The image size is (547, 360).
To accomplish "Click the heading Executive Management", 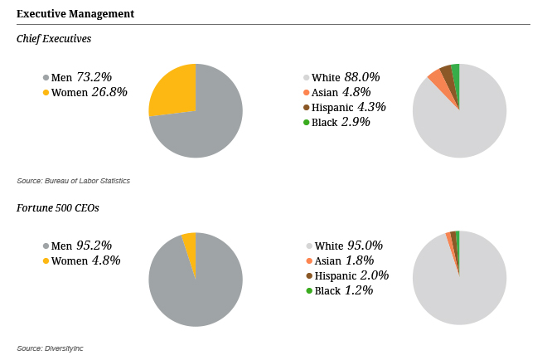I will click(x=75, y=14).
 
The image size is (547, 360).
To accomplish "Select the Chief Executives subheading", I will click(x=54, y=39).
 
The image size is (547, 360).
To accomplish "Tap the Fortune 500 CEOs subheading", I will click(x=58, y=207).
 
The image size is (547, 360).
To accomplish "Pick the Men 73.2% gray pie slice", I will click(x=203, y=124).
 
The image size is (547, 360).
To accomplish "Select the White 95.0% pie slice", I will click(x=460, y=286).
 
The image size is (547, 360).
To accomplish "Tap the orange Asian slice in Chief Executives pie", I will click(x=436, y=79).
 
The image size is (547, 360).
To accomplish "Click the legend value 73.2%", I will click(x=93, y=77).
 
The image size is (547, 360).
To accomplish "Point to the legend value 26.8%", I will click(x=109, y=92).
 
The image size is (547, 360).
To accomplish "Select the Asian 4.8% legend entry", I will click(x=341, y=92).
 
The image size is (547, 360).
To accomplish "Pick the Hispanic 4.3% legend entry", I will click(x=348, y=107).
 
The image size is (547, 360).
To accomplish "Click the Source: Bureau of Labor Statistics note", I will click(x=73, y=181).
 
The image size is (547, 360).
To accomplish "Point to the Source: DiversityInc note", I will click(x=50, y=348).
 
